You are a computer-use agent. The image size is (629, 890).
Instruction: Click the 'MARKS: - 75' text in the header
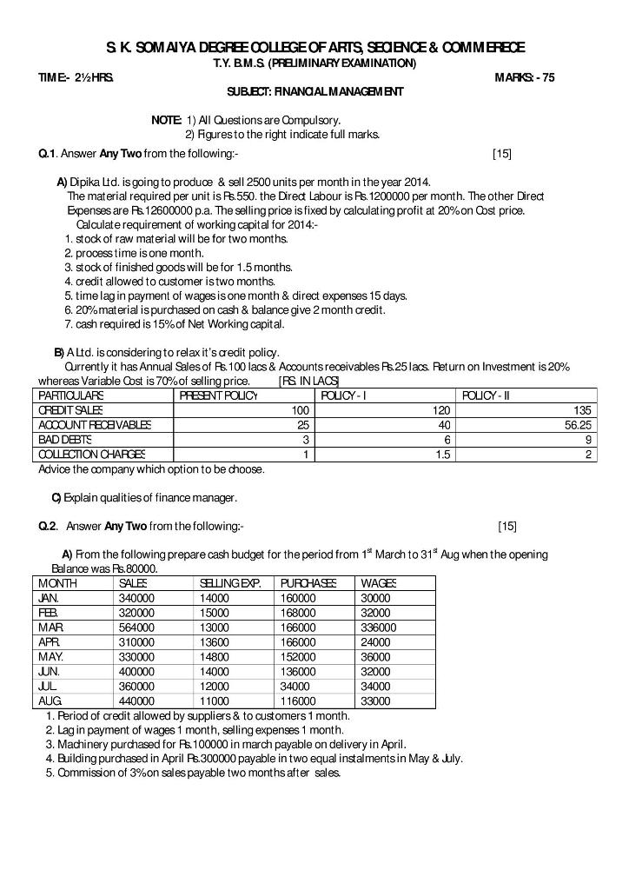pyautogui.click(x=525, y=77)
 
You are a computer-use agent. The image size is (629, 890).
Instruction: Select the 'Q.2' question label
pyautogui.click(x=48, y=526)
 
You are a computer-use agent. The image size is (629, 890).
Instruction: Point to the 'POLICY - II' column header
pyautogui.click(x=487, y=395)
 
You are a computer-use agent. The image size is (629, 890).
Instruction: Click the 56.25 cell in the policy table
pyautogui.click(x=578, y=425)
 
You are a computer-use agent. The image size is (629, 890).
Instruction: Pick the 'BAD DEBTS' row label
pyautogui.click(x=65, y=440)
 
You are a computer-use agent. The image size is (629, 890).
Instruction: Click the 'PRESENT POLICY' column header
pyautogui.click(x=219, y=395)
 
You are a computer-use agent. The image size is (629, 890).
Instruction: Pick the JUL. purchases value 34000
pyautogui.click(x=296, y=686)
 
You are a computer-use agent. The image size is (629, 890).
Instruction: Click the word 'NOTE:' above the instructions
pyautogui.click(x=166, y=120)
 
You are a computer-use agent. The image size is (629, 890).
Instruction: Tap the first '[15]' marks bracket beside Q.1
pyautogui.click(x=501, y=154)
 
